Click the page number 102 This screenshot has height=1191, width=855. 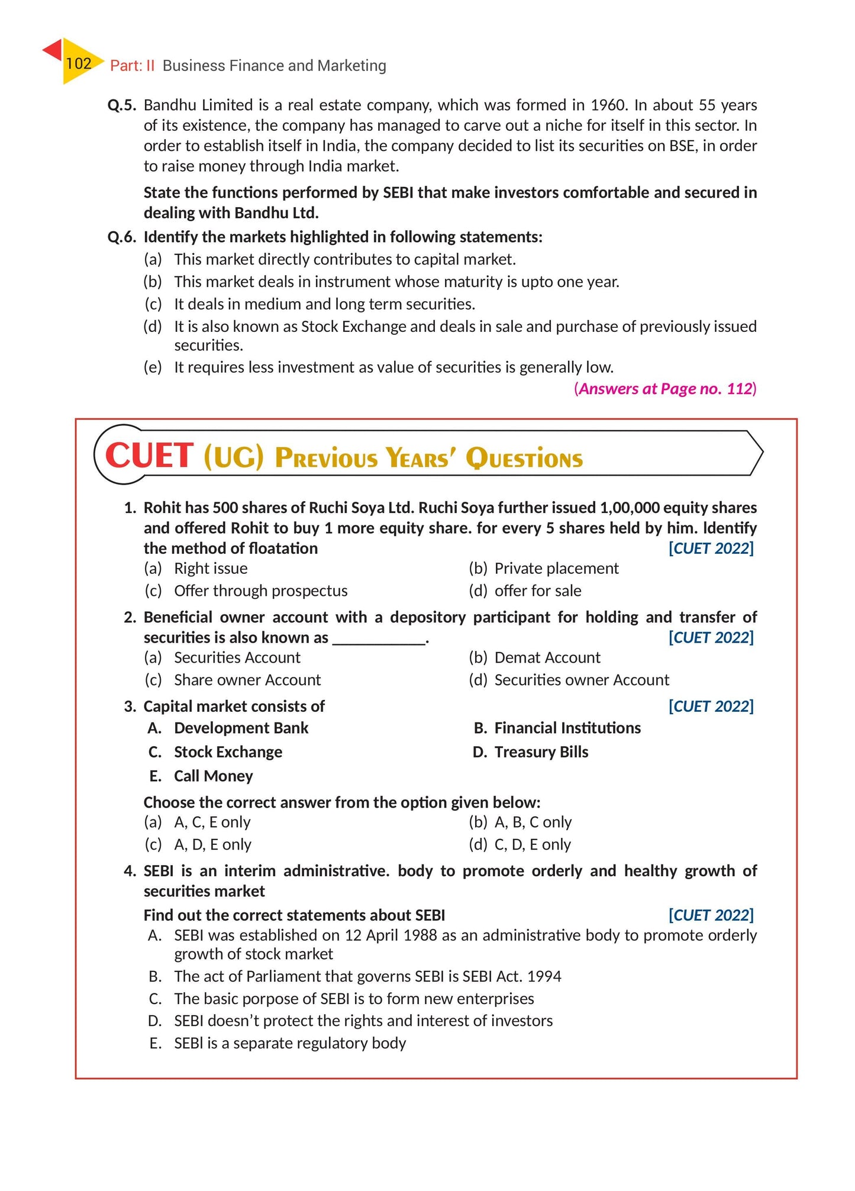click(x=78, y=63)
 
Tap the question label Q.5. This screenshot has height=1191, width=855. click(x=121, y=105)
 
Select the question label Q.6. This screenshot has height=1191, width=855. click(x=121, y=237)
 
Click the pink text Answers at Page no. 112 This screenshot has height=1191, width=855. click(x=665, y=389)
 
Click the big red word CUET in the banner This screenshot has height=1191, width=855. click(x=149, y=456)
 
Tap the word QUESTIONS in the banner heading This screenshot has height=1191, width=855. click(x=524, y=459)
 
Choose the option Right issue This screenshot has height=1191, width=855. click(x=211, y=569)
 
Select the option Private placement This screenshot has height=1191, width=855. click(x=556, y=569)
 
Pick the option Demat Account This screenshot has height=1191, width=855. click(x=547, y=658)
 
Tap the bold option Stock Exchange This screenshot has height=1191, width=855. click(x=228, y=752)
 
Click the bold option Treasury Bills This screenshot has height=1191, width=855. click(x=541, y=752)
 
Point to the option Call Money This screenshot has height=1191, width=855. click(x=213, y=776)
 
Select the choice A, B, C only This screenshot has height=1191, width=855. click(x=533, y=822)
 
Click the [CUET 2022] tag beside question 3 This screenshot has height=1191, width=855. click(x=711, y=706)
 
